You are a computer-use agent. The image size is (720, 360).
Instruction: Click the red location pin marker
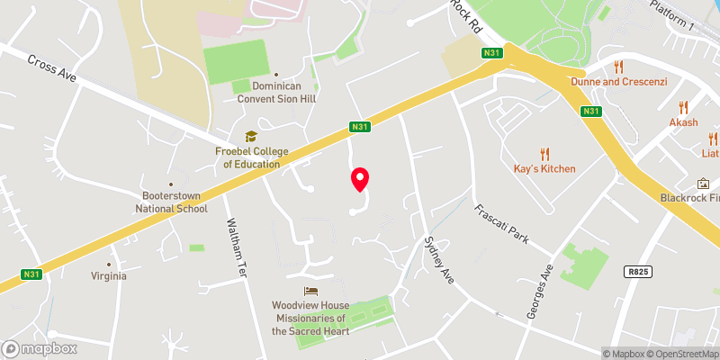pos(360,179)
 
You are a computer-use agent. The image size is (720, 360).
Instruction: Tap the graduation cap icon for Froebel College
pos(251,136)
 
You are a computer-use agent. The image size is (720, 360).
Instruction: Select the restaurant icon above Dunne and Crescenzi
pos(618,67)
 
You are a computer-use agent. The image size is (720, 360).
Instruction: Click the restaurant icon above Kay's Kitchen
pos(544,154)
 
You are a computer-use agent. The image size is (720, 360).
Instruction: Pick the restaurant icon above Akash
pos(683,107)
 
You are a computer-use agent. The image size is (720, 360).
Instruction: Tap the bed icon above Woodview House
pos(310,291)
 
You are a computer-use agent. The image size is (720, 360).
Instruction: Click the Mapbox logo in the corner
pos(39,348)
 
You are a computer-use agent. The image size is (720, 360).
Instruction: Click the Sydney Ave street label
pos(438,261)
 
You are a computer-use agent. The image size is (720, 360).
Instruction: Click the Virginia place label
pos(108,276)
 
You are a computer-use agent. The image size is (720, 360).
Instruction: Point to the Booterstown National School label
pos(171,202)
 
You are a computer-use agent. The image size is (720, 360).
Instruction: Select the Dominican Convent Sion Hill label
pos(275,92)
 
